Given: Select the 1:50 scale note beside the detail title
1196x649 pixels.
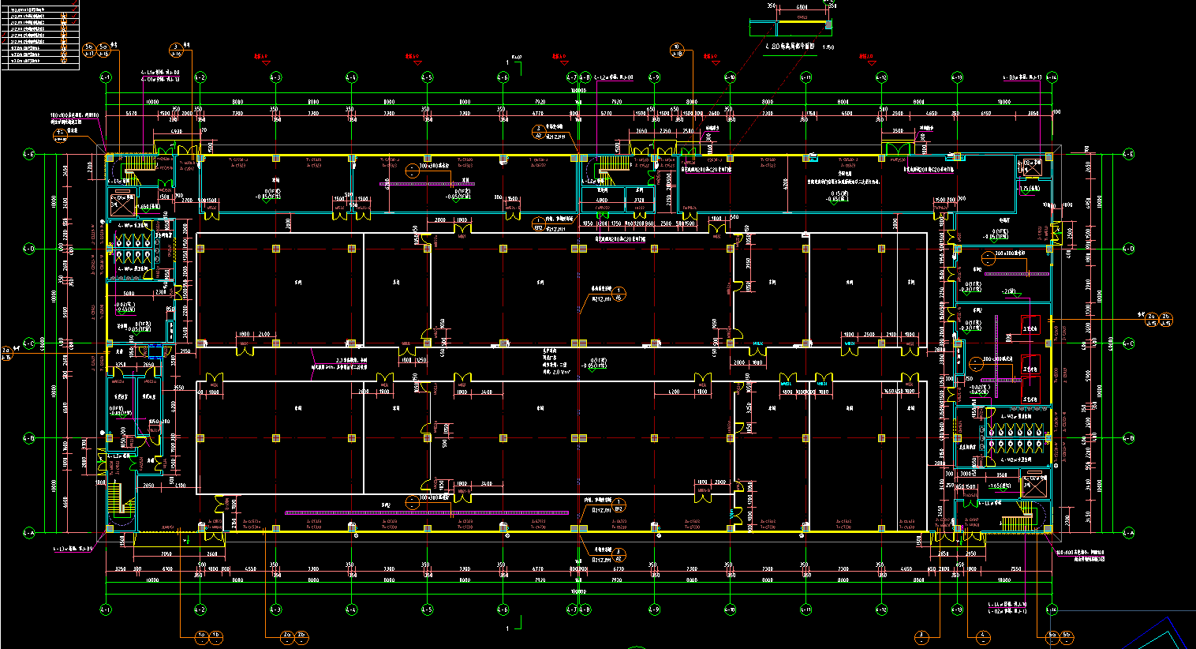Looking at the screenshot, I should click(x=828, y=47).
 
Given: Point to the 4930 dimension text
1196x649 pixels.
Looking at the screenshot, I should click(x=177, y=132).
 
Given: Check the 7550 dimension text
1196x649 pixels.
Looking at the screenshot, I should click(x=1015, y=568).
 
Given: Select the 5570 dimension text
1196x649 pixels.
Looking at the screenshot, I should click(x=132, y=114).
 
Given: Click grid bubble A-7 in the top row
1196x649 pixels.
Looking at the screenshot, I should click(x=573, y=77).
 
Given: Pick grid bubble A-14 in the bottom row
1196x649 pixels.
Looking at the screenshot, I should click(x=1051, y=610).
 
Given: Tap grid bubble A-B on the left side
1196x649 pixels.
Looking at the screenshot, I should click(x=28, y=438).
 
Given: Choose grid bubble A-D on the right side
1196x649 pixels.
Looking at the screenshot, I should click(x=1128, y=249).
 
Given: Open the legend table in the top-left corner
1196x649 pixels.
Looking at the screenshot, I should click(x=39, y=36).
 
